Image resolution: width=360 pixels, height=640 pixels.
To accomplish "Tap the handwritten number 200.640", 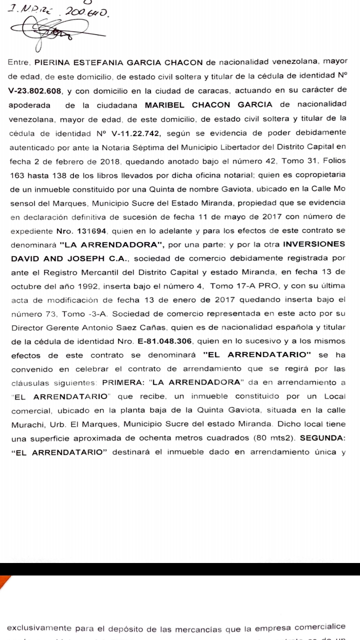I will pyautogui.click(x=85, y=11).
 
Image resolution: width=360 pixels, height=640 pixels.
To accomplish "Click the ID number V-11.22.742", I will pyautogui.click(x=150, y=133).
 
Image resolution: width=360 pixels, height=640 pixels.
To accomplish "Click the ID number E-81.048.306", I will pyautogui.click(x=164, y=343).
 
